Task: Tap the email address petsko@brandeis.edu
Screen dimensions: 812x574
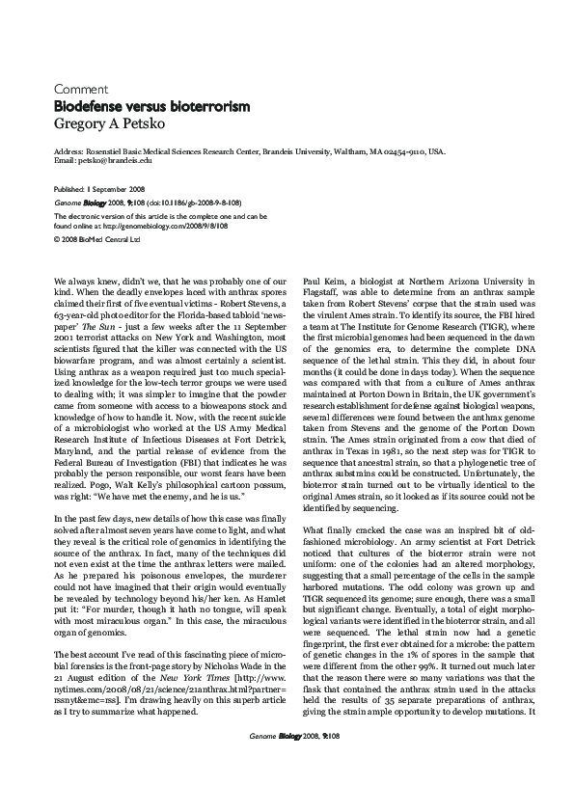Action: pyautogui.click(x=112, y=162)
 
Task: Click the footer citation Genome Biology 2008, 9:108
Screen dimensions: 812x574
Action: pyautogui.click(x=287, y=790)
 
